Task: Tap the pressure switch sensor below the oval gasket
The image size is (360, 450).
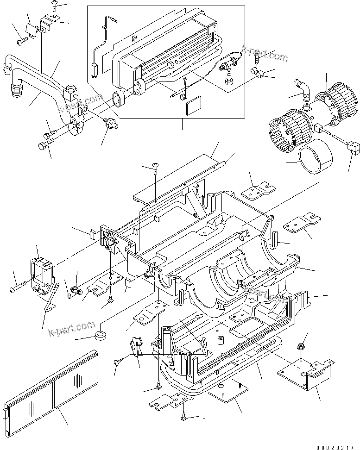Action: [110, 125]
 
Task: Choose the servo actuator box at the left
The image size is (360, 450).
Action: [43, 275]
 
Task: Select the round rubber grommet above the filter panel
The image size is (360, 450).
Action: [100, 336]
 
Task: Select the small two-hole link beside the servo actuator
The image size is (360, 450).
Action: [76, 292]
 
